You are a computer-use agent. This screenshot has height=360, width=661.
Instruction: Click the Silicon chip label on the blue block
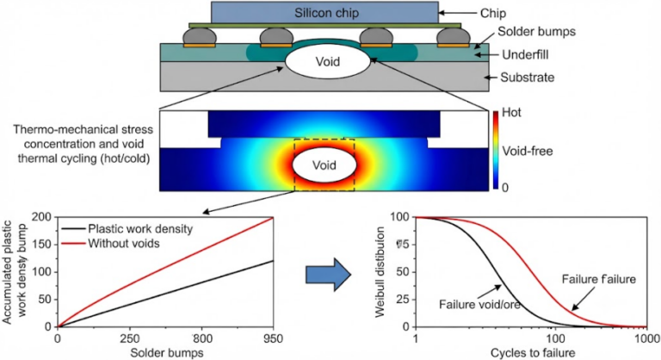click(x=326, y=13)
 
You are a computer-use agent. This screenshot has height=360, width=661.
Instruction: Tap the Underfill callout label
click(x=525, y=54)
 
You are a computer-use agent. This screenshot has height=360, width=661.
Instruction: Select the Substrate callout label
click(x=527, y=78)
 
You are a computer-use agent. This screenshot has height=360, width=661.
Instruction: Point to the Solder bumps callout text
click(x=536, y=31)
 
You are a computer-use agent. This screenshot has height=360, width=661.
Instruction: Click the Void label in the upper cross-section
click(x=328, y=62)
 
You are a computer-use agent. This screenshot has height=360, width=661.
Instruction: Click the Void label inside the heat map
click(x=324, y=164)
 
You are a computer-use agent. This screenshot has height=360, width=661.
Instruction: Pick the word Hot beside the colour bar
click(x=511, y=113)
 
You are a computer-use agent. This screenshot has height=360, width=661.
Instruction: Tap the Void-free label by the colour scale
click(x=527, y=151)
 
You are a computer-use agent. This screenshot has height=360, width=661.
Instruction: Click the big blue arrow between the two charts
click(x=329, y=275)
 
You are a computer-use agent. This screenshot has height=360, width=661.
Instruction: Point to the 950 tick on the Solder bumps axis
click(x=274, y=338)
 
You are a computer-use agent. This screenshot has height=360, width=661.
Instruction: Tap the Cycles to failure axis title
click(x=533, y=353)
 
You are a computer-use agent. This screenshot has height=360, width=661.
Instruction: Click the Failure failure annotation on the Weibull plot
click(x=599, y=279)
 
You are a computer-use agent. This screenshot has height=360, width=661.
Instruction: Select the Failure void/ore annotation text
click(x=479, y=304)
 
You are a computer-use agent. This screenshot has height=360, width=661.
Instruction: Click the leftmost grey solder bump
click(x=200, y=36)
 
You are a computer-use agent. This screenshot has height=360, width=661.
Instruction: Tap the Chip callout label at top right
click(x=492, y=13)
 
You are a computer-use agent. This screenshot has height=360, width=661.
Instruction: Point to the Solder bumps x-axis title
click(x=167, y=353)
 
